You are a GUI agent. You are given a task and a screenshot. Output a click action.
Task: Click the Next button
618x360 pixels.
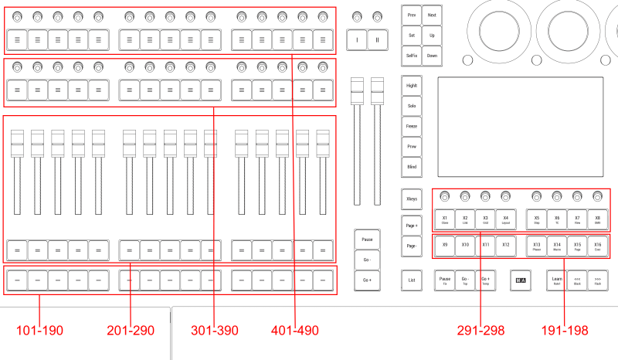pyautogui.click(x=431, y=15)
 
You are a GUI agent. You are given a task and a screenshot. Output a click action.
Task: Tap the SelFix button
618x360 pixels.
pyautogui.click(x=412, y=56)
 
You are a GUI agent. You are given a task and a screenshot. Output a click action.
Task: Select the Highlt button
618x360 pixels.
pyautogui.click(x=412, y=86)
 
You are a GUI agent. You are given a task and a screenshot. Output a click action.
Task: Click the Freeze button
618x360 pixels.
pyautogui.click(x=412, y=126)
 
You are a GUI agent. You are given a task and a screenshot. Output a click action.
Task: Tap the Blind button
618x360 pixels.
pyautogui.click(x=412, y=166)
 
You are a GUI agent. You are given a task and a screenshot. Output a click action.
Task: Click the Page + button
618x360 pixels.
pyautogui.click(x=412, y=223)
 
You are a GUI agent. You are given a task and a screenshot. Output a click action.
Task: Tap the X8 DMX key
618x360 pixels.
pyautogui.click(x=597, y=219)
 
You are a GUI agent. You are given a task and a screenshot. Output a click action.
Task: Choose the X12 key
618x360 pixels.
pyautogui.click(x=505, y=246)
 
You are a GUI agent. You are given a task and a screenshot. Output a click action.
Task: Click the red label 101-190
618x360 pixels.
pyautogui.click(x=41, y=331)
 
